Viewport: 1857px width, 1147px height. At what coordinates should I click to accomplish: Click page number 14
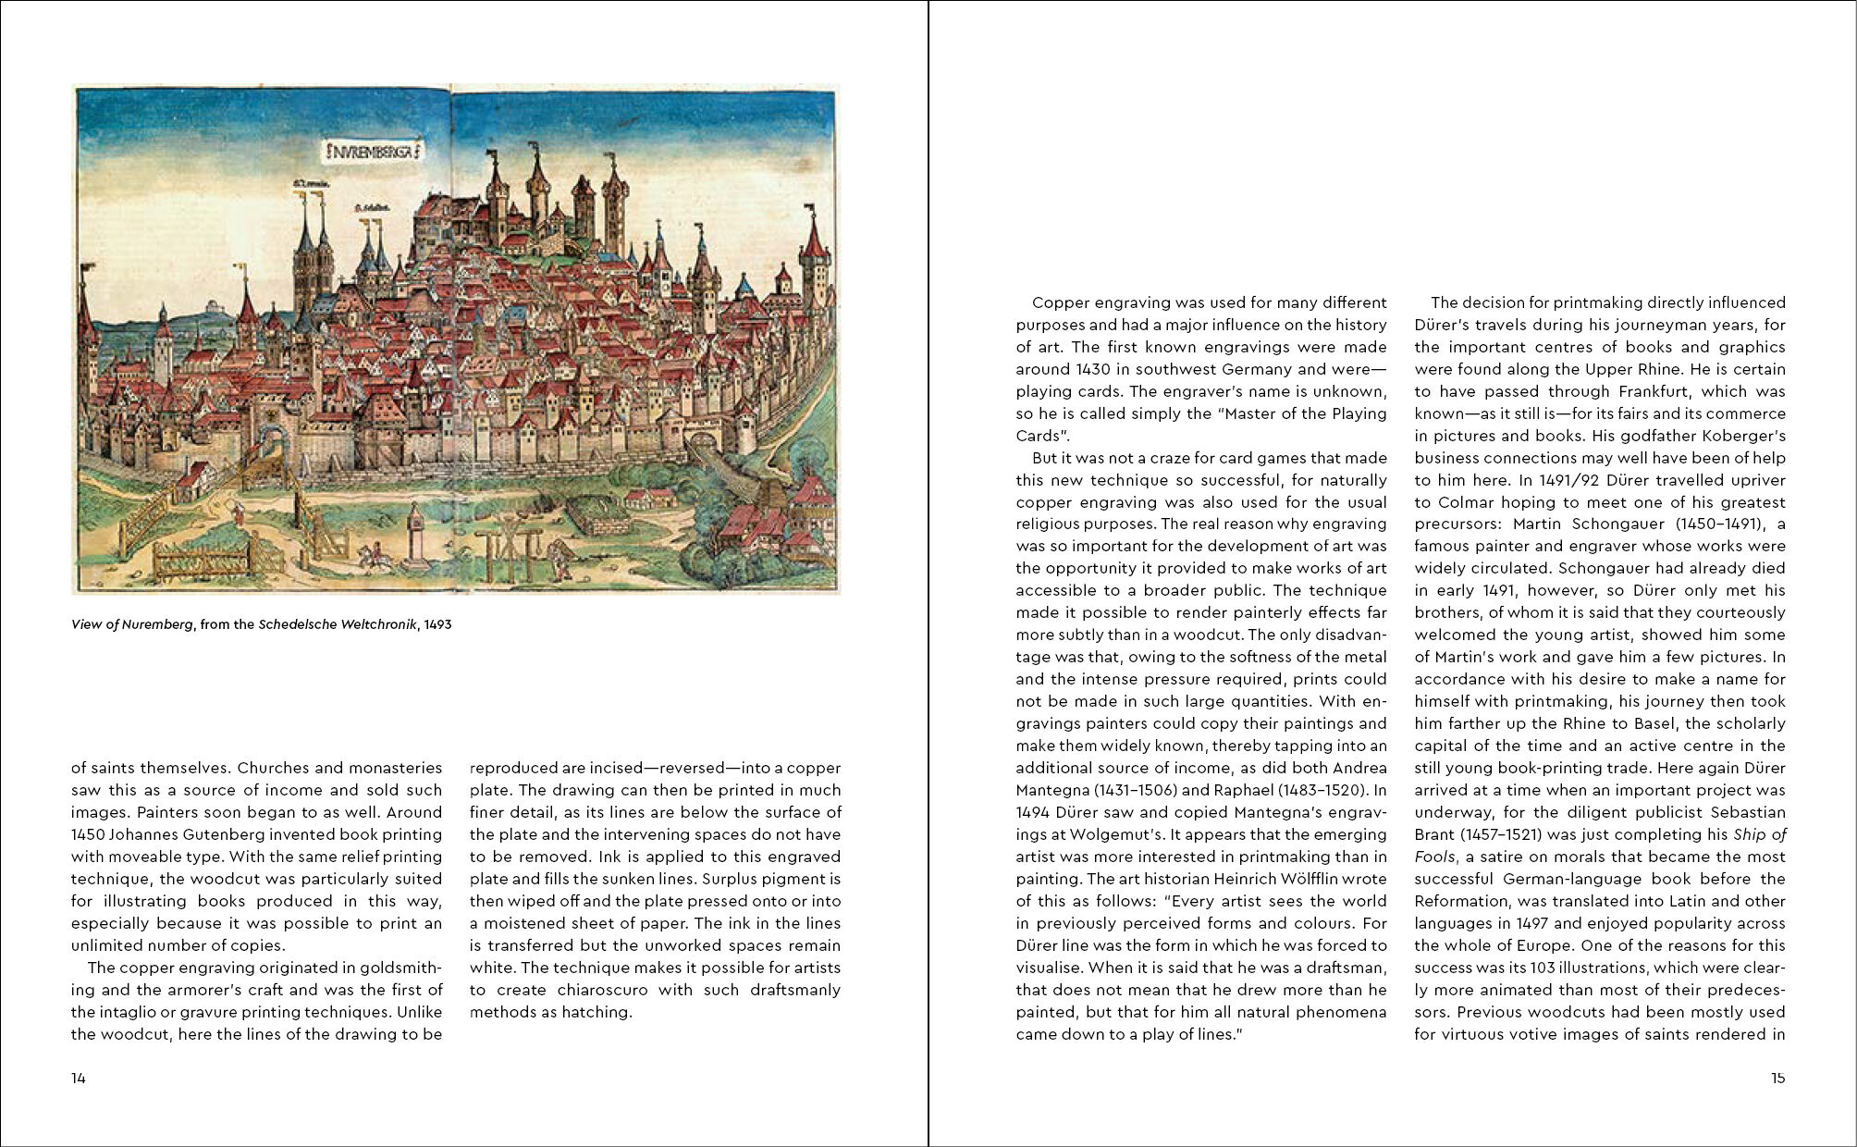tap(79, 1078)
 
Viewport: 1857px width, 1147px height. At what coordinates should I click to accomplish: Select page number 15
tap(1777, 1078)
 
